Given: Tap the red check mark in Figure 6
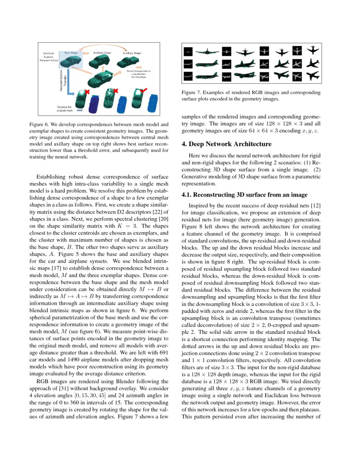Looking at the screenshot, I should pyautogui.click(x=144, y=90).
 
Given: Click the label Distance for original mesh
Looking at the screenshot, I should pyautogui.click(x=65, y=108).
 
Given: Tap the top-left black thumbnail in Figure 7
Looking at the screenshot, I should pyautogui.click(x=188, y=51).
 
